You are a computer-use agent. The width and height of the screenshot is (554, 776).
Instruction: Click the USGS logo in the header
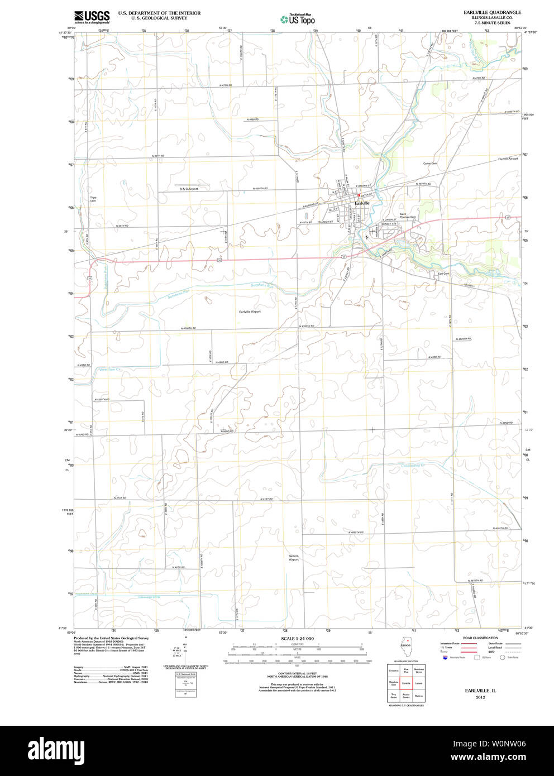[92, 17]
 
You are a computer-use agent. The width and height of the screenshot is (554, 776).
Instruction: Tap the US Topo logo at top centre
[298, 19]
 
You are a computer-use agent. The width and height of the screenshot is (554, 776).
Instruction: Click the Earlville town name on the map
[362, 203]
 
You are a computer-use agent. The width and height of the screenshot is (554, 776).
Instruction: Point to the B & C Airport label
[188, 189]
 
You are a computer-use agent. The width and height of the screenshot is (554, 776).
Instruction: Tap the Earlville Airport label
[250, 312]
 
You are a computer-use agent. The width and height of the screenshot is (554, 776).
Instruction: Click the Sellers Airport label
[294, 557]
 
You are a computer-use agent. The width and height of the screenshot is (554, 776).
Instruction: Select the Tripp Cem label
[93, 199]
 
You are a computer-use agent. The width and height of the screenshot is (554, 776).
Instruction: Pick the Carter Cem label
[430, 164]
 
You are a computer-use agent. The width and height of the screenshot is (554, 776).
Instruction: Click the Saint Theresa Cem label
[408, 215]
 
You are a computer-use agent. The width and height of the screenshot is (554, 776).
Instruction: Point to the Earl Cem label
[443, 274]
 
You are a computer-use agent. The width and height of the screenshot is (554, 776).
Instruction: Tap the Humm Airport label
[508, 159]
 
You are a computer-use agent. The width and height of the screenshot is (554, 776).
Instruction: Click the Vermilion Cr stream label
[109, 370]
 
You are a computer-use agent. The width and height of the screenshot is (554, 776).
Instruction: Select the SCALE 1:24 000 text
[297, 639]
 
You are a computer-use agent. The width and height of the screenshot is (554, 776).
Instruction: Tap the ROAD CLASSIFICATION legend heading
[480, 638]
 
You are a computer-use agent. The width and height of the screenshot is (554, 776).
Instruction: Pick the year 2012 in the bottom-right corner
[480, 697]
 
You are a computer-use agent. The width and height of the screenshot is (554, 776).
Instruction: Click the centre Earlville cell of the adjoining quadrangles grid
[406, 683]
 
